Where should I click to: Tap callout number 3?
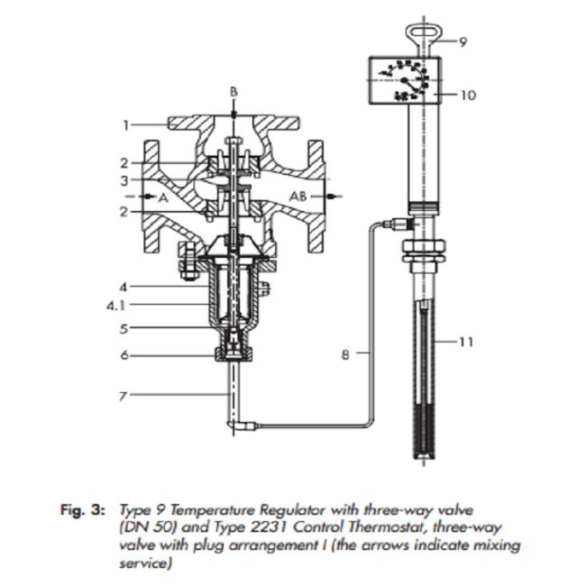[x=127, y=180]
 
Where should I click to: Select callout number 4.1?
[x=114, y=305]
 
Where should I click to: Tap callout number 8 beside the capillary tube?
[x=345, y=355]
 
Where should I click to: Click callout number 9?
[x=463, y=41]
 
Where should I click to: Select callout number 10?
[x=467, y=95]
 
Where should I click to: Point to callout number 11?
[x=466, y=343]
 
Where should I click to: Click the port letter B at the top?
[x=233, y=92]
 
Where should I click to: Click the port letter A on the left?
[x=164, y=196]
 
